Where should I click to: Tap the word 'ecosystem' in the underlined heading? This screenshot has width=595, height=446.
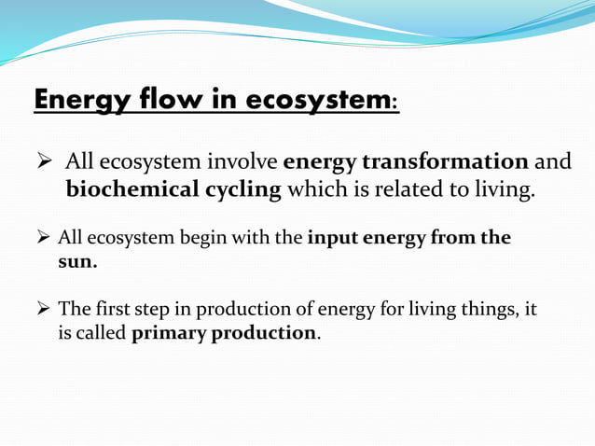click(x=313, y=100)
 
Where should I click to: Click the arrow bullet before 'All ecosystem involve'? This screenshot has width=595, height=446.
click(x=43, y=162)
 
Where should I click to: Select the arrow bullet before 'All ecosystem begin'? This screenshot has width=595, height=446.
click(x=43, y=238)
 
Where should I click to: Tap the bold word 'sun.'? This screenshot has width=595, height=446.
click(x=78, y=261)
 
